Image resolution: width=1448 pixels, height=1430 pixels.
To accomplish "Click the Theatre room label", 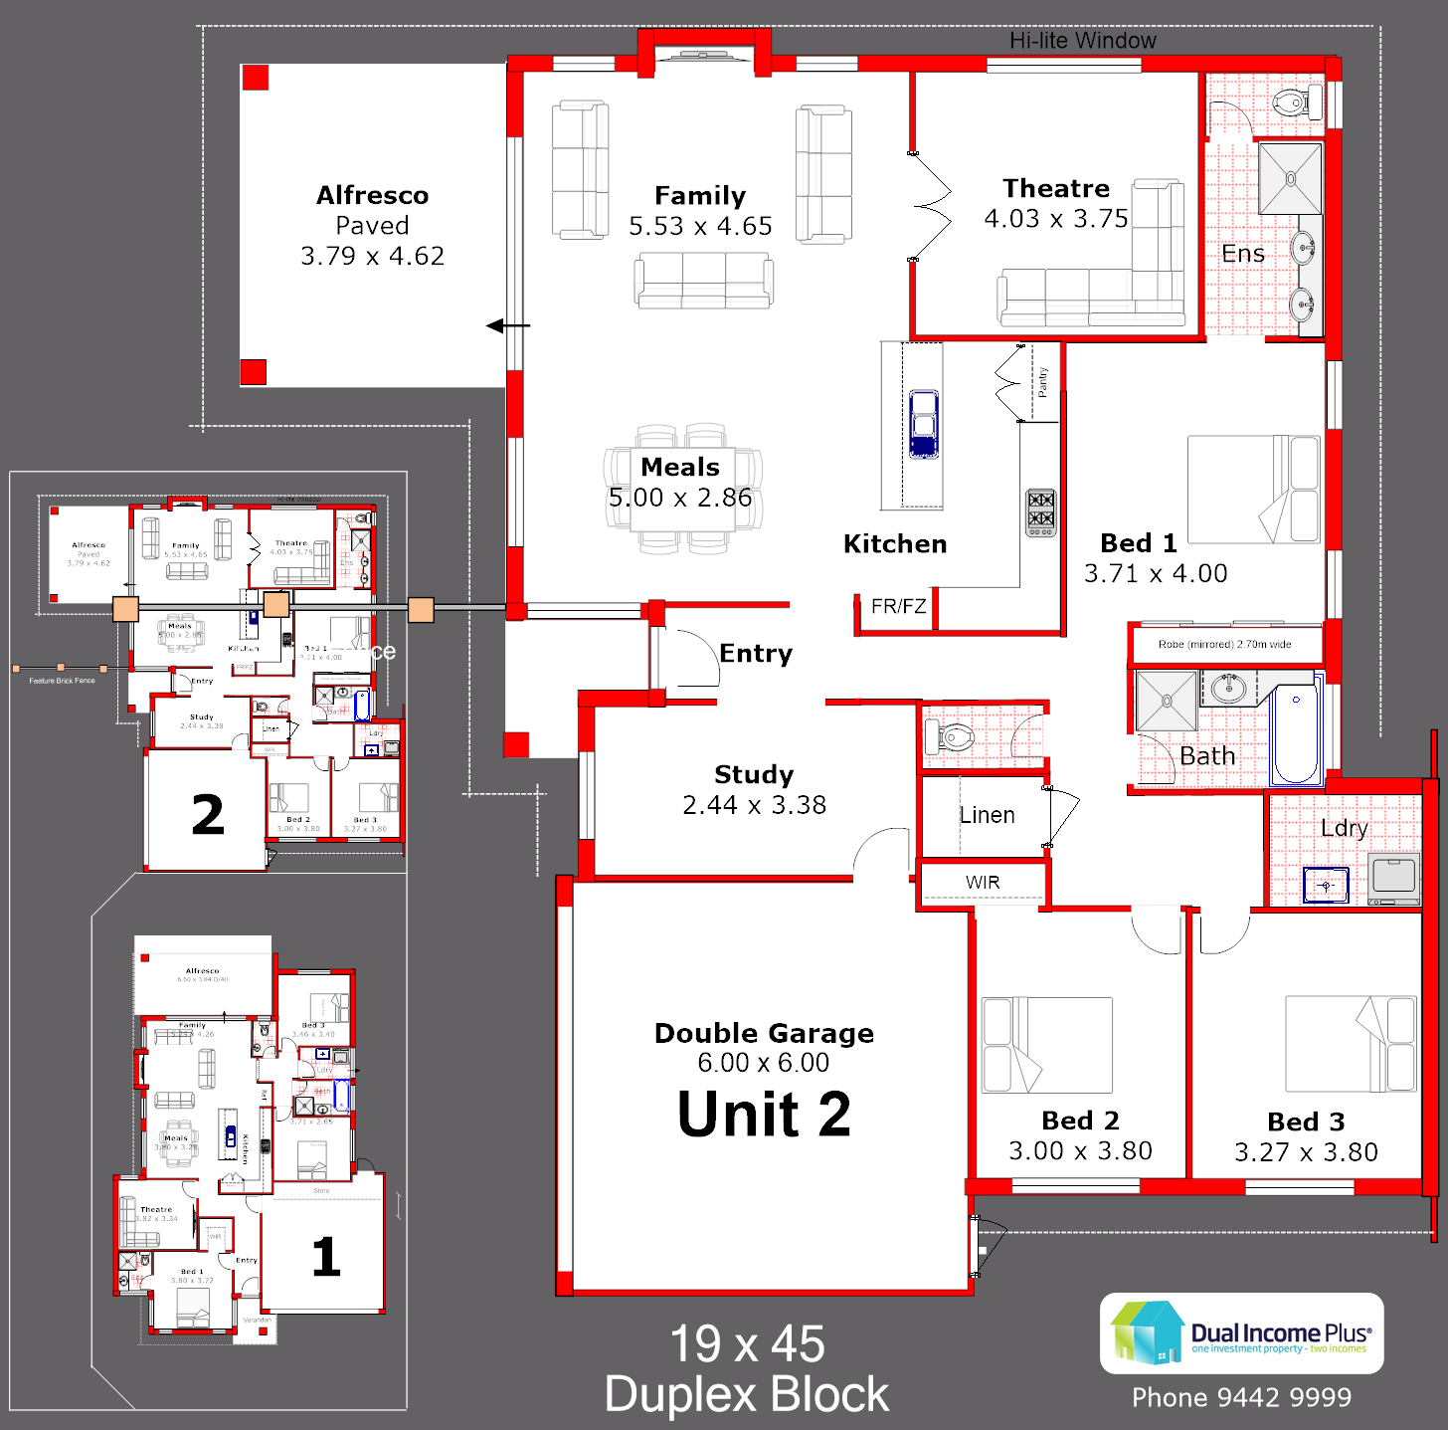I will pyautogui.click(x=1055, y=188).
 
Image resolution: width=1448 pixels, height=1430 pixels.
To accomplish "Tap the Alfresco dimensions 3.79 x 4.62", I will pyautogui.click(x=372, y=256).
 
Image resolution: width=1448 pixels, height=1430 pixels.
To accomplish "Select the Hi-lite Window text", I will pyautogui.click(x=1082, y=41).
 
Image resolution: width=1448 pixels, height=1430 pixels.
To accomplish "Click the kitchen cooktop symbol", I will pyautogui.click(x=1040, y=511).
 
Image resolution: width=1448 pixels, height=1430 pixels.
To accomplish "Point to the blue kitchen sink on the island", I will pyautogui.click(x=924, y=424).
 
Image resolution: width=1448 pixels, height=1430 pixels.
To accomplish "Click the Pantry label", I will pyautogui.click(x=1042, y=382).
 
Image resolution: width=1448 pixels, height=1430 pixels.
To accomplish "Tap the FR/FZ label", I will pyautogui.click(x=898, y=606).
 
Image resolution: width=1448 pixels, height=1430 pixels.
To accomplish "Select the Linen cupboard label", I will pyautogui.click(x=987, y=815).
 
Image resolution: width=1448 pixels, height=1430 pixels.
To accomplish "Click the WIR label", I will pyautogui.click(x=983, y=883).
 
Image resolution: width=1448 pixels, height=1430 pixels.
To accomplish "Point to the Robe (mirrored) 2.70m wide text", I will pyautogui.click(x=1224, y=644).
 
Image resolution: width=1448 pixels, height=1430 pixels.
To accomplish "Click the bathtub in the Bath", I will pyautogui.click(x=1296, y=732).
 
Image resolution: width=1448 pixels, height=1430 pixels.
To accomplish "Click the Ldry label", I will pyautogui.click(x=1344, y=828).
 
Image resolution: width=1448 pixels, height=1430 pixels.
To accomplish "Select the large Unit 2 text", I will pyautogui.click(x=764, y=1114).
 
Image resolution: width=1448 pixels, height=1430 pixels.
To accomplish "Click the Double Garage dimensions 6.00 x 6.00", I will pyautogui.click(x=763, y=1063).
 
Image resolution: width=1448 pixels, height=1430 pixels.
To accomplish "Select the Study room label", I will pyautogui.click(x=754, y=774).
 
